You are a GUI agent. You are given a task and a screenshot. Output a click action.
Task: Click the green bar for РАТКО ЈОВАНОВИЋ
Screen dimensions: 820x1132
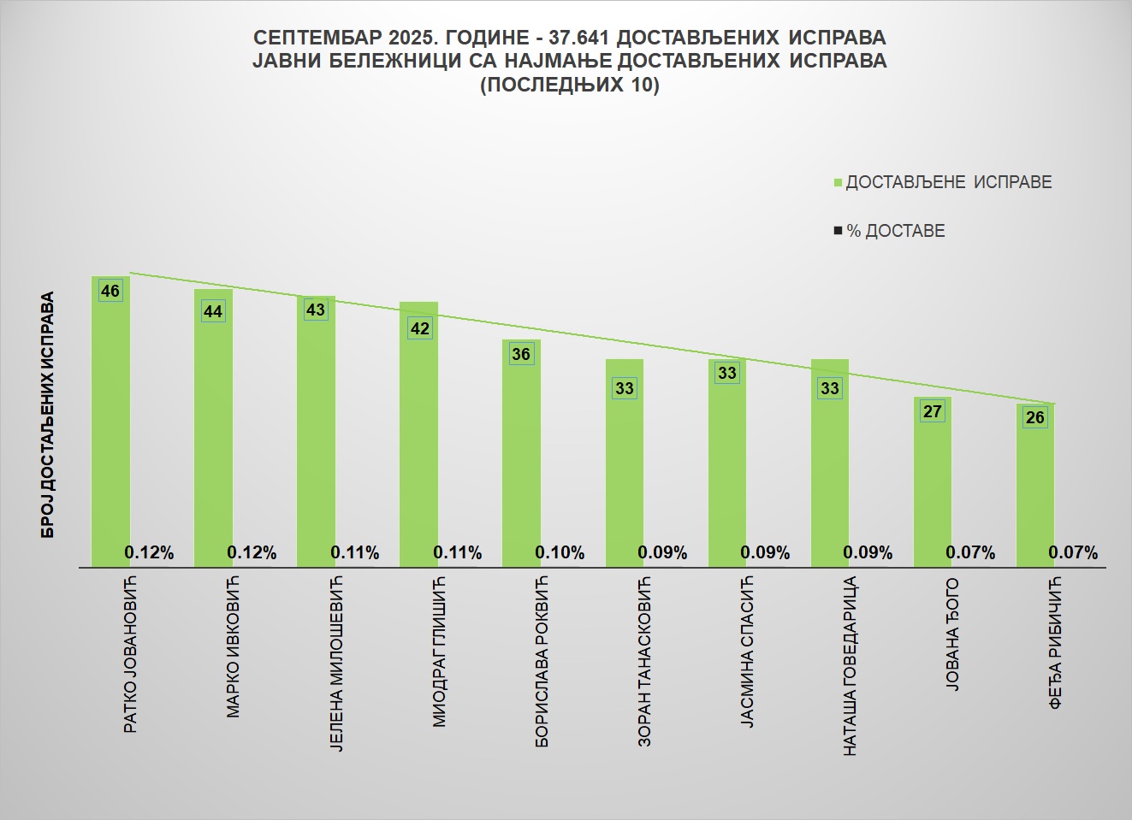pos(110,428)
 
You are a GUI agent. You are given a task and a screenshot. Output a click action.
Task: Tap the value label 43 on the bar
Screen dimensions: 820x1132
pos(316,309)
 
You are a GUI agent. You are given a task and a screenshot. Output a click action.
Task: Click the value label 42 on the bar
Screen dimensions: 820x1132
pos(419,328)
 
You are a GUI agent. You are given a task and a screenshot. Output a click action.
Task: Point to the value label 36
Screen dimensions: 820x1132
pos(521,354)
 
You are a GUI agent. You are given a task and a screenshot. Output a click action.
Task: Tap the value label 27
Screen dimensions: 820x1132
pos(932,411)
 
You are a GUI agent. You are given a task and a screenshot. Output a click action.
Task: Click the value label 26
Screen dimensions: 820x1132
pos(1035,417)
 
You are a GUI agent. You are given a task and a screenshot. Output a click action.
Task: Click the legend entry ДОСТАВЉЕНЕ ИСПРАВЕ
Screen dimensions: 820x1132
pos(948,182)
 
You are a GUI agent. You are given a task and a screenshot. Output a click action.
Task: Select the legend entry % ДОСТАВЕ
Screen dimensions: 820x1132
pos(895,231)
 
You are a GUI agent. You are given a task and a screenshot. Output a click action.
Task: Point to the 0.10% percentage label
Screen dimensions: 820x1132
pos(560,553)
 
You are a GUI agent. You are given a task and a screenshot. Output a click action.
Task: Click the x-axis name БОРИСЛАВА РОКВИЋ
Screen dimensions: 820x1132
pos(542,662)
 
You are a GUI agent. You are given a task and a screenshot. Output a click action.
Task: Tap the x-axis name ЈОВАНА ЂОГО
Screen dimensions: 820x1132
pos(953,634)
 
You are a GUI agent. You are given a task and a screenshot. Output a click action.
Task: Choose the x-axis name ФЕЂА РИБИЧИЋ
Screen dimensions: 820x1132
pos(1056,642)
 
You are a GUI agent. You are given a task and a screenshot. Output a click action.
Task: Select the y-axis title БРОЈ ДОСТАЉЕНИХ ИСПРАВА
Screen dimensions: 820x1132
pos(48,415)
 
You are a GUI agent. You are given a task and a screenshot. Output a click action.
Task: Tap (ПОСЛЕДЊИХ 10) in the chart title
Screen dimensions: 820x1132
pos(569,85)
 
